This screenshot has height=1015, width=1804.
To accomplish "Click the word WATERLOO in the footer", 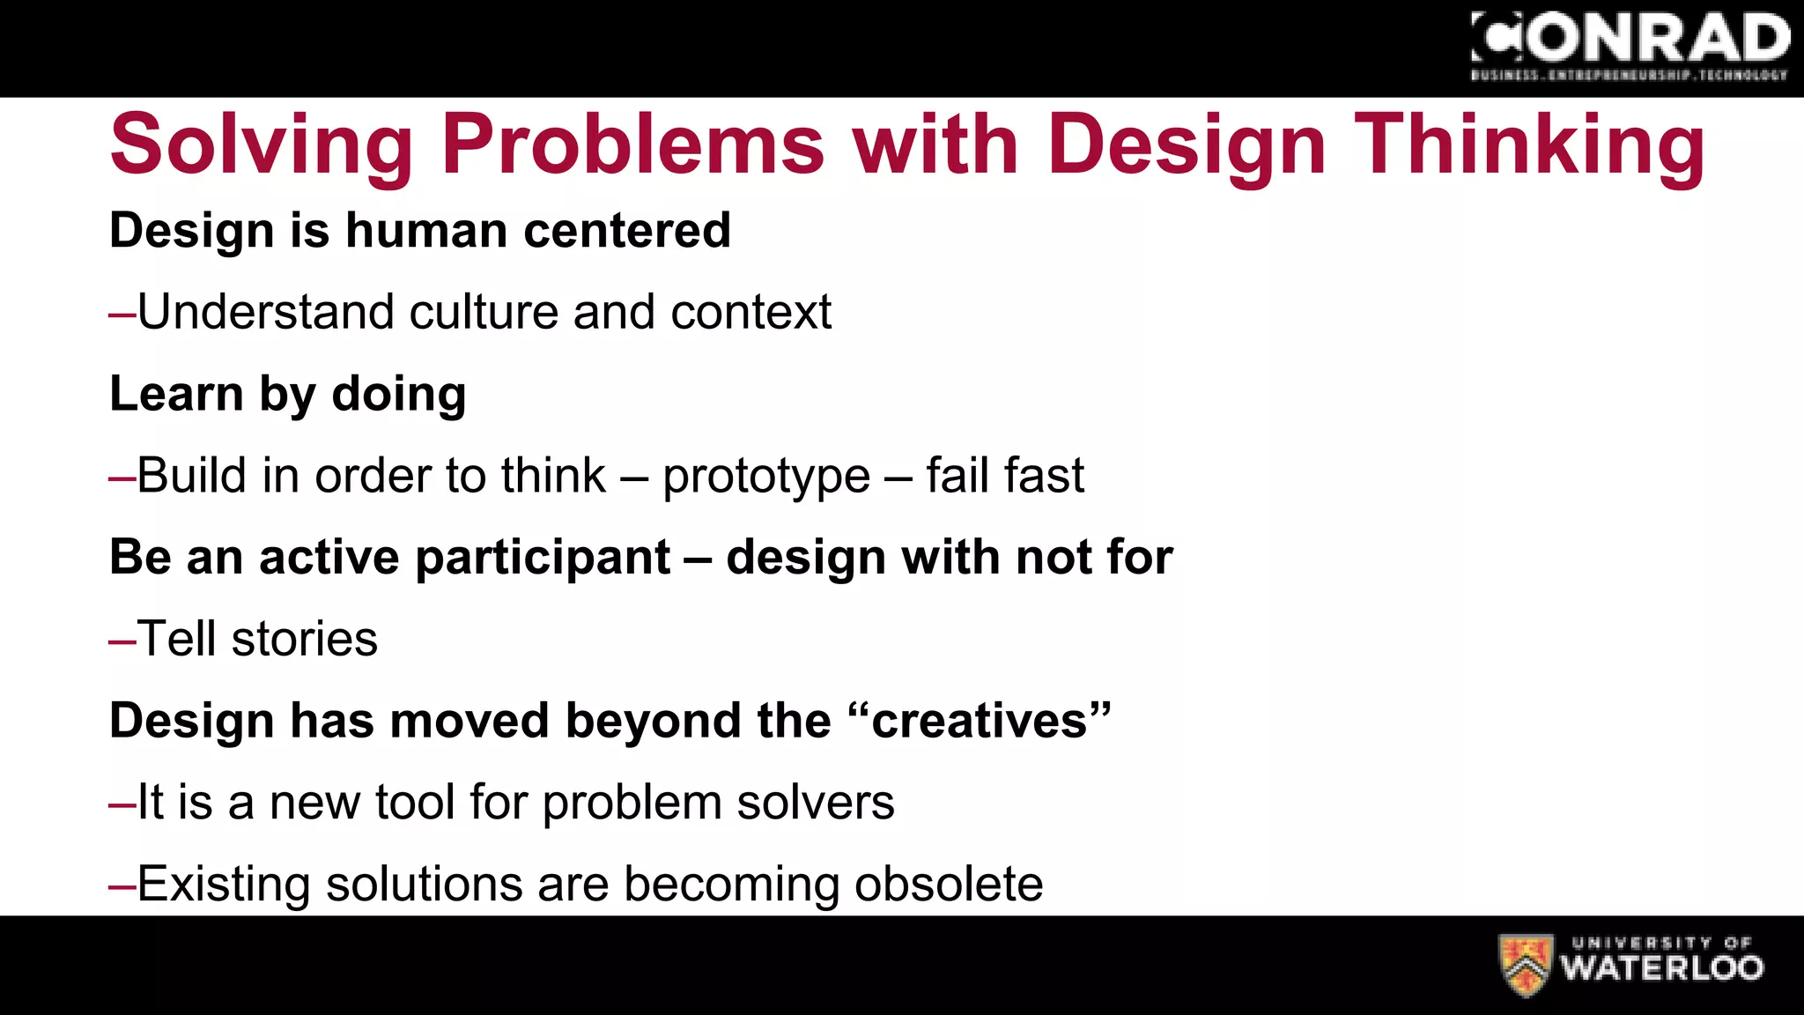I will coord(1662,968).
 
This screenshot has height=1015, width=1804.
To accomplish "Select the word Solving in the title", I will coord(262,145).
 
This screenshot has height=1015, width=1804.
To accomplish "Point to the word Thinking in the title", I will coord(1529,145).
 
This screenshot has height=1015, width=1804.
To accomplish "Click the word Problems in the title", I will coord(632,145).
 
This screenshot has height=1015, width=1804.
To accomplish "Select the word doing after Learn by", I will coord(398,394).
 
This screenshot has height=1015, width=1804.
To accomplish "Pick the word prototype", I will coord(765,477).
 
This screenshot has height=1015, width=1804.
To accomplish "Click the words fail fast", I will coord(1004,476).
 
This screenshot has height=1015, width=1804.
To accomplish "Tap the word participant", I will coord(543,559).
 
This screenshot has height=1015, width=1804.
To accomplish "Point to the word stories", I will coord(304,639).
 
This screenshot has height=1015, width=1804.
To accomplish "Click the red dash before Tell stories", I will coord(122,641).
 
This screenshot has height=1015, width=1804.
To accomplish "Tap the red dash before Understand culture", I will coord(122,315).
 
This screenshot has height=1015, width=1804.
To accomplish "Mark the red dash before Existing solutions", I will coord(122,886).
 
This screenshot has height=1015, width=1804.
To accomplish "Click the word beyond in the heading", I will coord(654,721).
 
